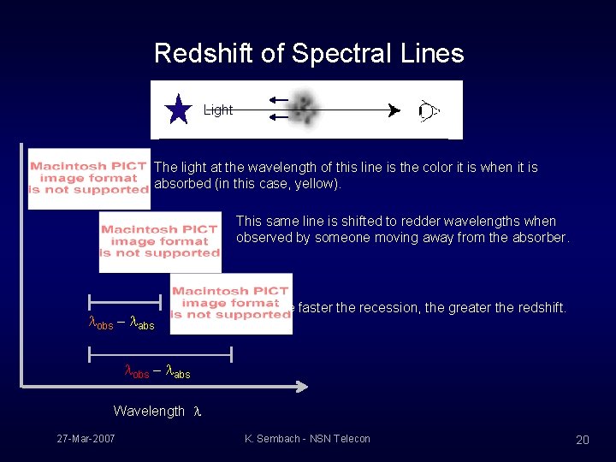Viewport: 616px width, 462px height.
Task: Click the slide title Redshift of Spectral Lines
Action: point(308,54)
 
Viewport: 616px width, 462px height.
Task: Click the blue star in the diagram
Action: point(179,110)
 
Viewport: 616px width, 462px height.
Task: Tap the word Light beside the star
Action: point(218,110)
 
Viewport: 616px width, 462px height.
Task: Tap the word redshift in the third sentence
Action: point(536,308)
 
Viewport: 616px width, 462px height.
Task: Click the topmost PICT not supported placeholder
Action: point(89,178)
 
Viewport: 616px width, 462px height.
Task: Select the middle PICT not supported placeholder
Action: point(160,241)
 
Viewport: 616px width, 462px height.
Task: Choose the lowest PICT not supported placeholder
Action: point(231,303)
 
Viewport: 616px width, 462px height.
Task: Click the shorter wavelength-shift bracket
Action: point(126,302)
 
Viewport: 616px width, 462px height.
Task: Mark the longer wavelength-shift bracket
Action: point(160,352)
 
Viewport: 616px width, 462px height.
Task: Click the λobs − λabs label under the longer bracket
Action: point(157,372)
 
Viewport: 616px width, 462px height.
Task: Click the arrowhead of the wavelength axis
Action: point(300,388)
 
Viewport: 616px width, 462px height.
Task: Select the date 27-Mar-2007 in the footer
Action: point(86,439)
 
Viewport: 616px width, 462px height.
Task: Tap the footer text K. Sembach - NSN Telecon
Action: point(307,439)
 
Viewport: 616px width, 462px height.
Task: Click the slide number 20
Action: point(582,440)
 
